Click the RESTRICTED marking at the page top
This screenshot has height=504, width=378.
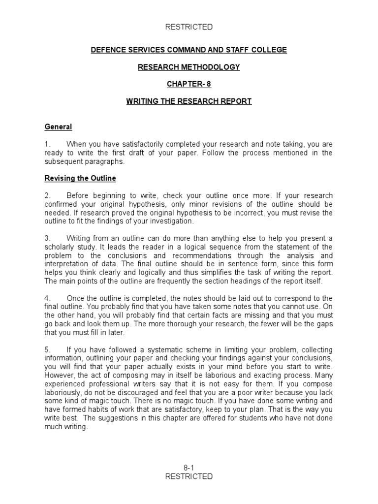pyautogui.click(x=189, y=27)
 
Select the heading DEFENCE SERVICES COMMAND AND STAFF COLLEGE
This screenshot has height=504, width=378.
pyautogui.click(x=189, y=50)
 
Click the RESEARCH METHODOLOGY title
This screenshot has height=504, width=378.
pyautogui.click(x=189, y=67)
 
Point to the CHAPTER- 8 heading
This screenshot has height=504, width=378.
pyautogui.click(x=189, y=84)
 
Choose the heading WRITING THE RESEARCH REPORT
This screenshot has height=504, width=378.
pyautogui.click(x=189, y=101)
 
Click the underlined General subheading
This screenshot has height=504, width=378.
pyautogui.click(x=58, y=127)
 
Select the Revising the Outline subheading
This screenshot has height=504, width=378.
pyautogui.click(x=80, y=178)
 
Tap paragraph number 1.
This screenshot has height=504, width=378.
pyautogui.click(x=47, y=144)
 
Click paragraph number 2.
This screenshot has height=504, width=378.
pyautogui.click(x=47, y=195)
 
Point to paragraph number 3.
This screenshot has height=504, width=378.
pyautogui.click(x=47, y=238)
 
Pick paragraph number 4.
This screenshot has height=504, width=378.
pyautogui.click(x=47, y=298)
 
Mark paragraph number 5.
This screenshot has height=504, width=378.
pyautogui.click(x=47, y=350)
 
